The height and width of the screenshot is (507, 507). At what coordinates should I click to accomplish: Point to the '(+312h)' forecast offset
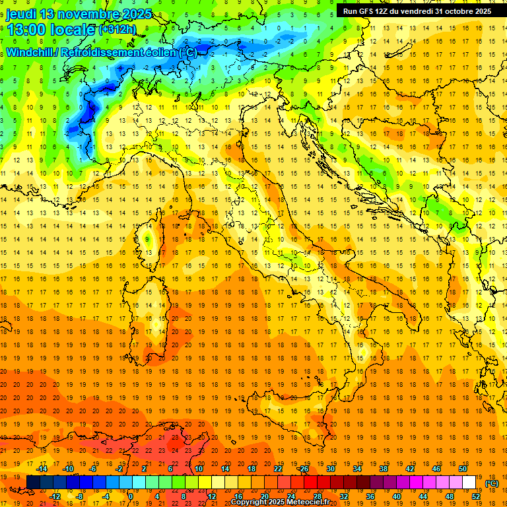(x=118, y=30)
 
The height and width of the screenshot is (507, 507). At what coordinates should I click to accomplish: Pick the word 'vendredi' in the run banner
(x=413, y=11)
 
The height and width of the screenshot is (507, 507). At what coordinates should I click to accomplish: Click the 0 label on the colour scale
(x=131, y=496)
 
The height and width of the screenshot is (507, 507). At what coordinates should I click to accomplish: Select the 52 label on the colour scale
(x=475, y=496)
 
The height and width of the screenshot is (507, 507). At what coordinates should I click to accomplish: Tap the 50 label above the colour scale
(x=463, y=469)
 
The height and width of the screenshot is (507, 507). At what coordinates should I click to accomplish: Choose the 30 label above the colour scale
(x=330, y=469)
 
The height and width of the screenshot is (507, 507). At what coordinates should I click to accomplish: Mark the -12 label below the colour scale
(x=55, y=496)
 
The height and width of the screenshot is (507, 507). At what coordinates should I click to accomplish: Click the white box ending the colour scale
(x=469, y=482)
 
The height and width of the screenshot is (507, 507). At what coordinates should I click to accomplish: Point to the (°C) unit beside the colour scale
(x=492, y=483)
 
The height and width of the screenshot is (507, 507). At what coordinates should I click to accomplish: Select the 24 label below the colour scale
(x=290, y=496)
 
